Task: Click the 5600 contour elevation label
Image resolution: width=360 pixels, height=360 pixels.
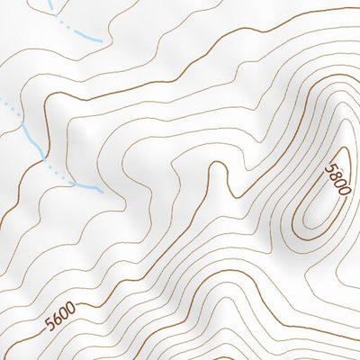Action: point(60,316)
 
